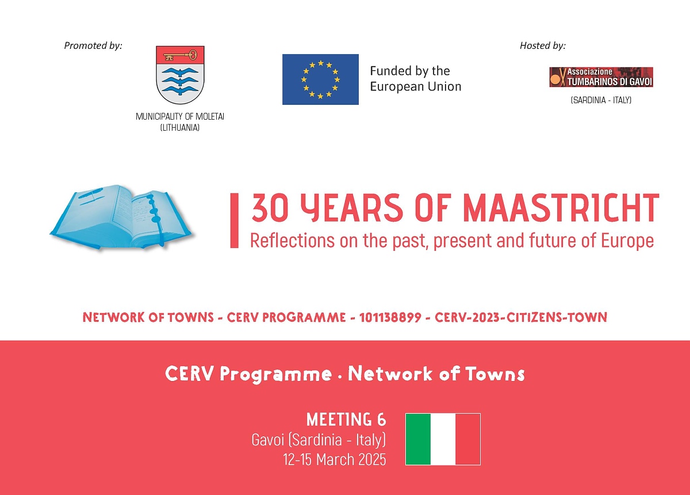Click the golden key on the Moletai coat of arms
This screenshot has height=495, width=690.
(180, 56)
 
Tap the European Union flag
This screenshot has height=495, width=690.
(320, 79)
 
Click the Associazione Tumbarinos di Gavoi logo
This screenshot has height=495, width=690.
(601, 77)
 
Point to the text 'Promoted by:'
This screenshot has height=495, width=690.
(93, 45)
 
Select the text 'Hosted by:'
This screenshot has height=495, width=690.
(543, 45)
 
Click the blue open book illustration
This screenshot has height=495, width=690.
(122, 218)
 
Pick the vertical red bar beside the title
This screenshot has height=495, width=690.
(234, 220)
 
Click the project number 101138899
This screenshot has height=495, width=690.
(390, 317)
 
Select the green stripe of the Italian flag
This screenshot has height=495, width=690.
(418, 439)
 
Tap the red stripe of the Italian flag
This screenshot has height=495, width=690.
(468, 439)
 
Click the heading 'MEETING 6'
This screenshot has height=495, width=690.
(346, 420)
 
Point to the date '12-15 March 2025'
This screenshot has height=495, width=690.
(335, 459)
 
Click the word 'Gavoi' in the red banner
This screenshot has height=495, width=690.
(268, 440)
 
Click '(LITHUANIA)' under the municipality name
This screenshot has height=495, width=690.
(180, 127)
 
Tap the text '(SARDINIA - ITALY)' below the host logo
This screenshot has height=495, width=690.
(601, 100)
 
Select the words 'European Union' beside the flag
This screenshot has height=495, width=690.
(416, 87)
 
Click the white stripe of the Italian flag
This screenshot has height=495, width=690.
(443, 439)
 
